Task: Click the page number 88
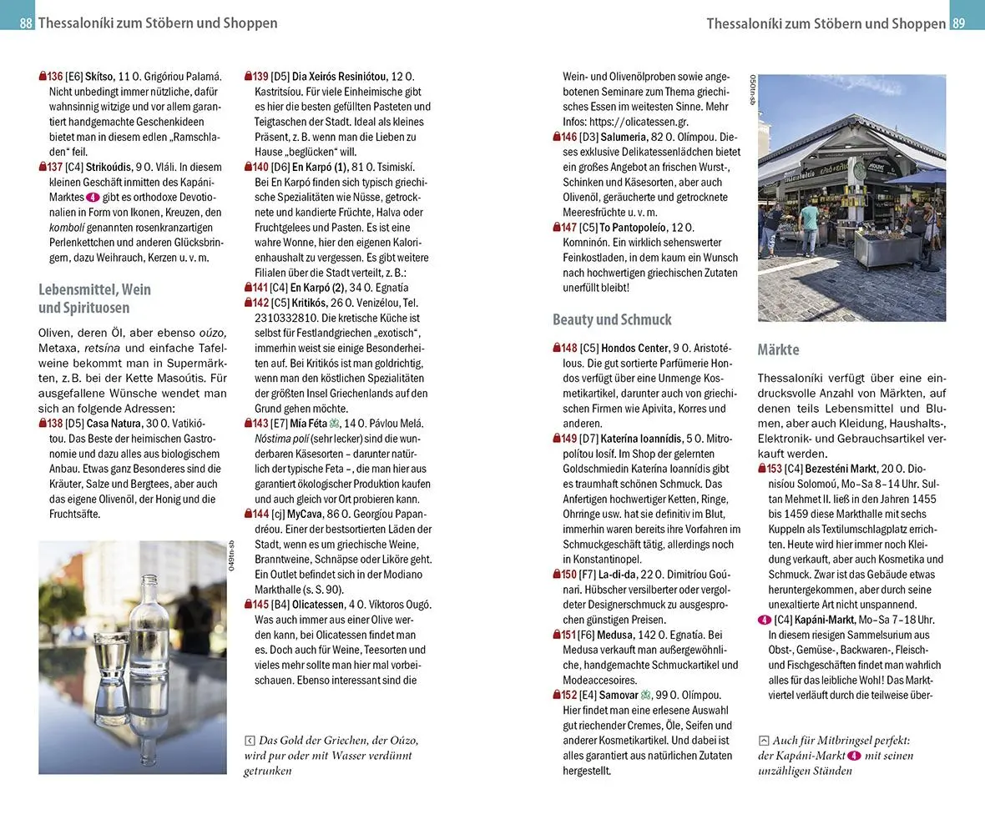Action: [26, 23]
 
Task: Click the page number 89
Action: [958, 23]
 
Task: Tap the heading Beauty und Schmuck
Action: [612, 319]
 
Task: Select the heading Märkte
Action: [778, 349]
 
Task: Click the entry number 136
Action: [55, 77]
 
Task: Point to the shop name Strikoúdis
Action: [109, 167]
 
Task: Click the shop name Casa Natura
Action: [114, 424]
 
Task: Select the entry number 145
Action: [260, 605]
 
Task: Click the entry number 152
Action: [568, 695]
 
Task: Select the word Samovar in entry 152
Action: [619, 695]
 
